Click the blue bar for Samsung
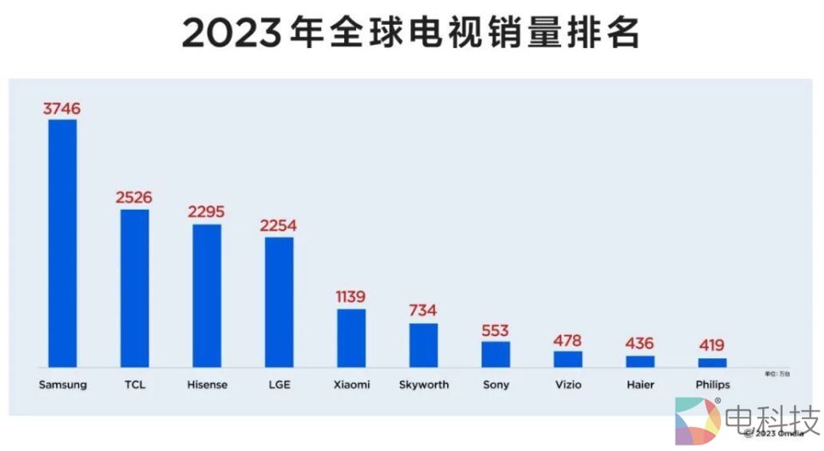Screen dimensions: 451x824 (x=63, y=243)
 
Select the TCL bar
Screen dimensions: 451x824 (x=135, y=288)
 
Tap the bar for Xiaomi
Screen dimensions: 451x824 (x=351, y=338)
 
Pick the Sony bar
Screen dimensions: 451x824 (x=495, y=354)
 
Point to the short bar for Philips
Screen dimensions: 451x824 (x=712, y=363)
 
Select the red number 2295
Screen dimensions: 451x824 (x=207, y=212)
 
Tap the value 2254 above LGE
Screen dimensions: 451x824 (x=279, y=225)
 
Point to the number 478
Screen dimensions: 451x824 (x=567, y=339)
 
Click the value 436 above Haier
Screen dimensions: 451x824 (x=639, y=344)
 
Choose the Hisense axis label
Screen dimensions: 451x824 (x=207, y=385)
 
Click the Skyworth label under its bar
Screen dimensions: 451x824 (x=423, y=385)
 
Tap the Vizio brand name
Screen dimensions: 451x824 (x=567, y=385)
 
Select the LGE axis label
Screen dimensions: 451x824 (x=279, y=385)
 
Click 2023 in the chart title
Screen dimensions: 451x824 (x=229, y=35)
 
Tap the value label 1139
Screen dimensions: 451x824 (x=351, y=296)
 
